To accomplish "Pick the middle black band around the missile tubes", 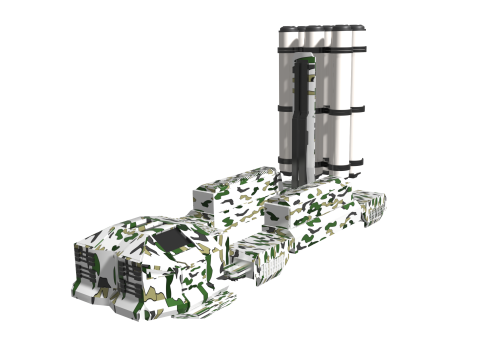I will click(x=322, y=104).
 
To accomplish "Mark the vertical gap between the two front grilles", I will click(x=109, y=280).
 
